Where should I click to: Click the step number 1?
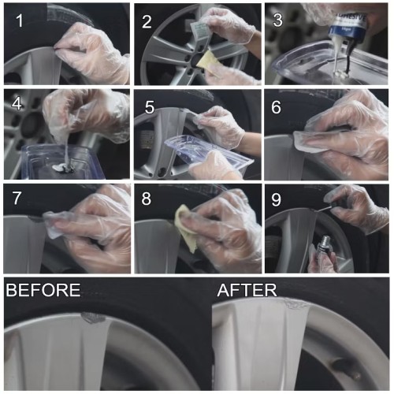coord(20,20)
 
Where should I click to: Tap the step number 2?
coord(147,21)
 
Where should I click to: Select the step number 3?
coord(277,20)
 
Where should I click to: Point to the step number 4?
coord(17,103)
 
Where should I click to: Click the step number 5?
coord(150,107)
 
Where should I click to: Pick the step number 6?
coord(276,107)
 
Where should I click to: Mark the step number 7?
coord(17,198)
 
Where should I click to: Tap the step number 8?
coord(147,199)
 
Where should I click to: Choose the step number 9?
coord(276,199)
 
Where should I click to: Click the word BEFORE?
coord(43,290)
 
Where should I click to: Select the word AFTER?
coord(247,290)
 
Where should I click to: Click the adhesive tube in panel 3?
coord(349,25)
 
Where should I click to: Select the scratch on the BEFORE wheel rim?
coord(93,318)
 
